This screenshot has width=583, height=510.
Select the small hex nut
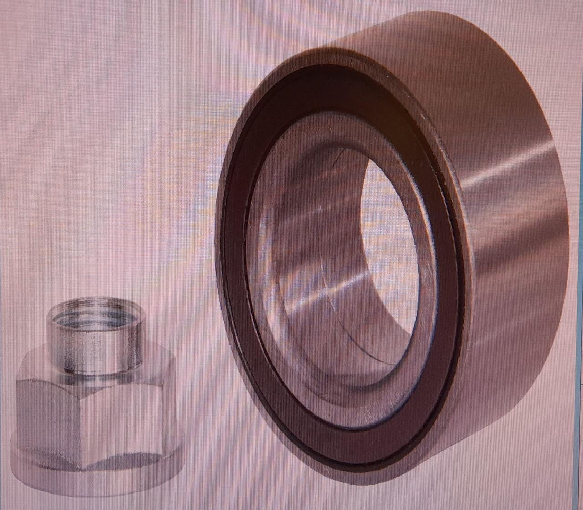click(95, 403)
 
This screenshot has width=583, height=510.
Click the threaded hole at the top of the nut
click(95, 313)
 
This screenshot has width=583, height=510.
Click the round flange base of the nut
click(95, 480)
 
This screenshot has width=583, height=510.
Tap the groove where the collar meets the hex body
click(95, 371)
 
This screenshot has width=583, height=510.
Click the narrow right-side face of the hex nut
click(170, 414)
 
